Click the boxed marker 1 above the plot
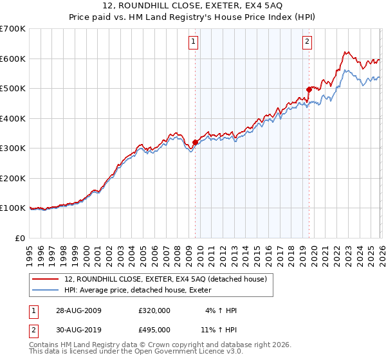coord(194,42)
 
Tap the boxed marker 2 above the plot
coord(307,42)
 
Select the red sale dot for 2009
coord(196,143)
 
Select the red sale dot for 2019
coord(309,90)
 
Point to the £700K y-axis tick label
coord(13,29)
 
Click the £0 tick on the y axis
coord(21,238)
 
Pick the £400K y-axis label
coord(13,118)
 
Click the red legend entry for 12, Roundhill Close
coord(170,278)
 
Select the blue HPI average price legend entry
coord(143,291)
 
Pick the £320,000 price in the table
coord(154,311)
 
